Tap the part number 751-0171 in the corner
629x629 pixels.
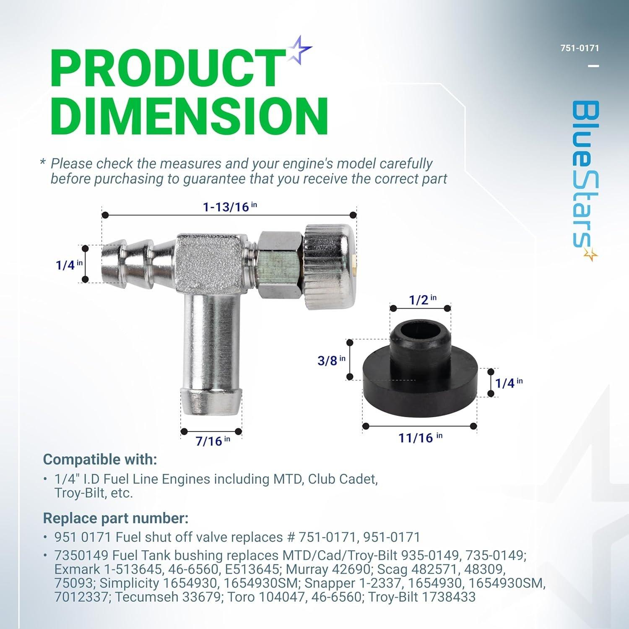pyautogui.click(x=580, y=48)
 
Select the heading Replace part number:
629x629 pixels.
pyautogui.click(x=115, y=518)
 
